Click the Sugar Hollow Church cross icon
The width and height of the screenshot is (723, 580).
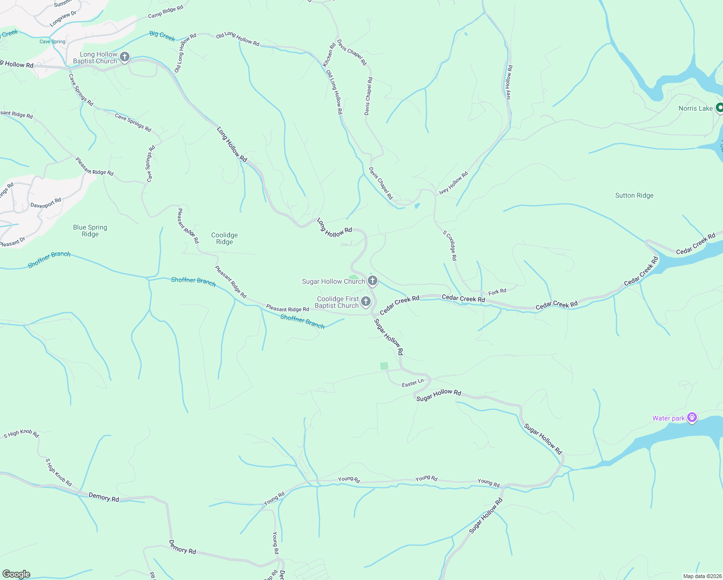coord(373,280)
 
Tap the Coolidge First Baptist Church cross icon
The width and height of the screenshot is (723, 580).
coord(366,302)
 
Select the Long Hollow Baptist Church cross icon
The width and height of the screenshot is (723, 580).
coord(125,58)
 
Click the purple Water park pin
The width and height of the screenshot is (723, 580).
coord(692,418)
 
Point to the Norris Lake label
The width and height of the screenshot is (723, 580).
coord(695,108)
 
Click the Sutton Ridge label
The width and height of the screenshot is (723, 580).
coord(634,196)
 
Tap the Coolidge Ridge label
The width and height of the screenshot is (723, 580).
coord(224,239)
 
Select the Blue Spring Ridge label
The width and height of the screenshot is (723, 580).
coord(90,231)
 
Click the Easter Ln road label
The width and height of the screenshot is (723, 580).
coord(413,383)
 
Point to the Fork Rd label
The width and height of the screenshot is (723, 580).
coord(497,292)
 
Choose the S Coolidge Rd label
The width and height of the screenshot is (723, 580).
coord(450,246)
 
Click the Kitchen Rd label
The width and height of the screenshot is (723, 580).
coord(329,56)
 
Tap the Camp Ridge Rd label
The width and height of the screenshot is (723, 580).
coord(165,12)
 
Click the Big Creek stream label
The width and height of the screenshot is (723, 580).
coord(162,36)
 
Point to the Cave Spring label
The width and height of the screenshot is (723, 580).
coord(52,42)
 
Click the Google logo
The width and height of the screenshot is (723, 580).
coord(16,574)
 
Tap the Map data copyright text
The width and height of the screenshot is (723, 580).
coord(702,576)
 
